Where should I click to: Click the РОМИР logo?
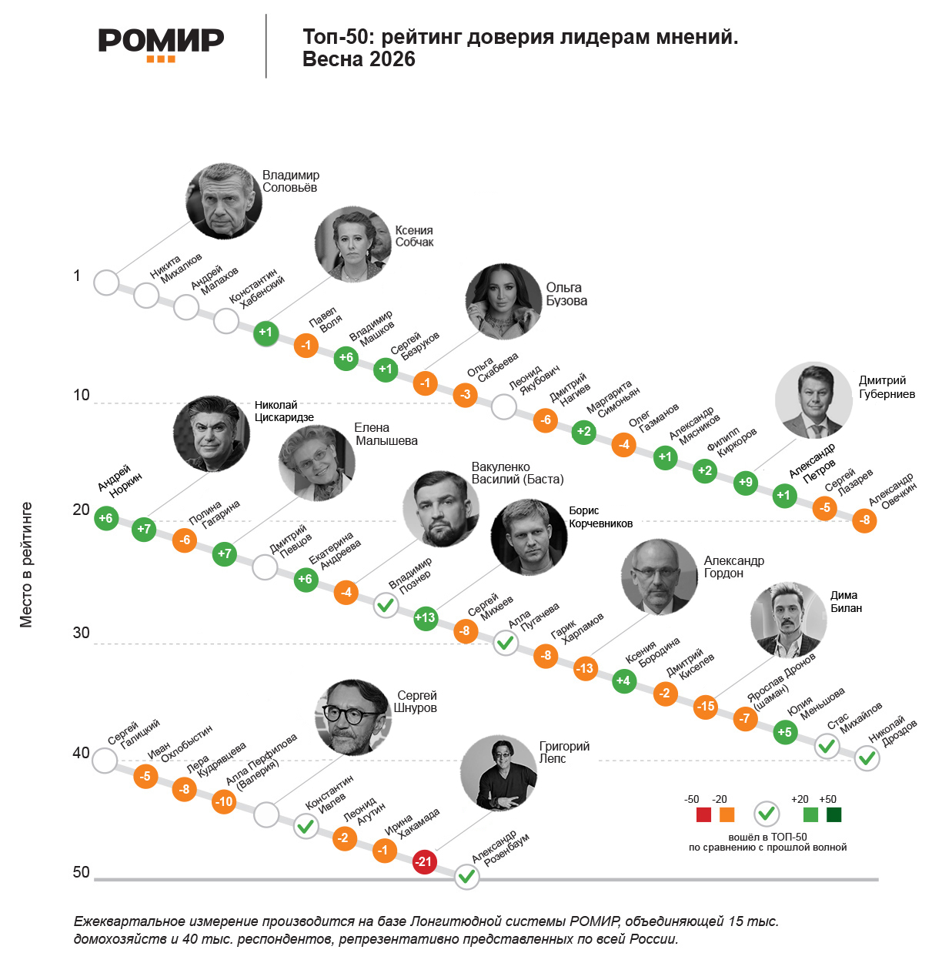coord(161,43)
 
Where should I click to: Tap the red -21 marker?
coord(424,861)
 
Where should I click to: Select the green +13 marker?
coord(425,617)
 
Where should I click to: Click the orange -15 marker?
coord(705,706)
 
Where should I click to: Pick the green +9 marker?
coord(745,483)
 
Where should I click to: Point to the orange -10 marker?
coord(224,801)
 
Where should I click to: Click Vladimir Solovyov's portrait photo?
coord(224,202)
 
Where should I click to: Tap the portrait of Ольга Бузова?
coord(503,302)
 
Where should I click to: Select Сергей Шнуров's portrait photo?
coord(353,717)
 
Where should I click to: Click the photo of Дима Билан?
coord(788,620)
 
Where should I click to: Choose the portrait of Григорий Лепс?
coord(498,773)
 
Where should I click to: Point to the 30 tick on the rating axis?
coord(81,633)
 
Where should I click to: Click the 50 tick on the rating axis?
coord(81,872)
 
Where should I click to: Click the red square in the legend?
coord(703,814)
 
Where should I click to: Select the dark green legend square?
coord(833,814)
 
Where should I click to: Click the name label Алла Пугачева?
coord(533,616)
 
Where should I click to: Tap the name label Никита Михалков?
coord(176,266)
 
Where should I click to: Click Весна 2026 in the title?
coord(359,59)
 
